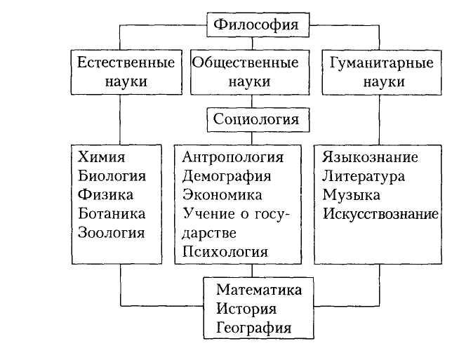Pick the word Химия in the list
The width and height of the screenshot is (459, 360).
click(x=99, y=156)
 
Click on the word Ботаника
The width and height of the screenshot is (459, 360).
click(x=112, y=213)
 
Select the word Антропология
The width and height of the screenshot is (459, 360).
click(x=232, y=156)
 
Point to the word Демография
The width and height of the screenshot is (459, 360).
click(x=226, y=175)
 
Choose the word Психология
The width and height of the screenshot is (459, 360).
click(x=225, y=251)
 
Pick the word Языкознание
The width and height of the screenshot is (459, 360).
click(x=371, y=156)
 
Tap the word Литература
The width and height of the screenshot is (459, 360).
click(x=364, y=175)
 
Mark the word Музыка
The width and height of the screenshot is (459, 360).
click(x=352, y=194)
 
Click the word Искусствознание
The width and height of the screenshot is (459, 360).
click(x=380, y=213)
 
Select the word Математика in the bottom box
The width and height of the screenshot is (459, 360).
click(x=259, y=289)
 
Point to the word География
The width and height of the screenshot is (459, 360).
click(x=253, y=327)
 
